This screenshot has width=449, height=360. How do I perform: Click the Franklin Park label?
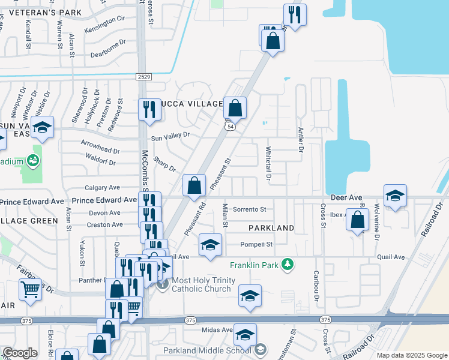(x=255, y=265)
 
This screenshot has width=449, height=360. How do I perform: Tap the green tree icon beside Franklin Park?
(x=288, y=264)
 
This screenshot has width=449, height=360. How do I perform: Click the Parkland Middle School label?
(x=205, y=350)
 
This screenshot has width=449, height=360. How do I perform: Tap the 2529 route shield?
(x=143, y=77)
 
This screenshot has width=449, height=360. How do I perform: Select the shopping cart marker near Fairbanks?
(x=29, y=290)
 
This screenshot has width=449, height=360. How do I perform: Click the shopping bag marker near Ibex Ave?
(x=357, y=220)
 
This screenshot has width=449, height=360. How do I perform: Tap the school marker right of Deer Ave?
(x=395, y=196)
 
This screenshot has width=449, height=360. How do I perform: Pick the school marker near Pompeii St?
(x=209, y=245)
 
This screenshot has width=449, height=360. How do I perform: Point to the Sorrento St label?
(x=249, y=209)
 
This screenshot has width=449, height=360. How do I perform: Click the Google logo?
(x=20, y=353)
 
